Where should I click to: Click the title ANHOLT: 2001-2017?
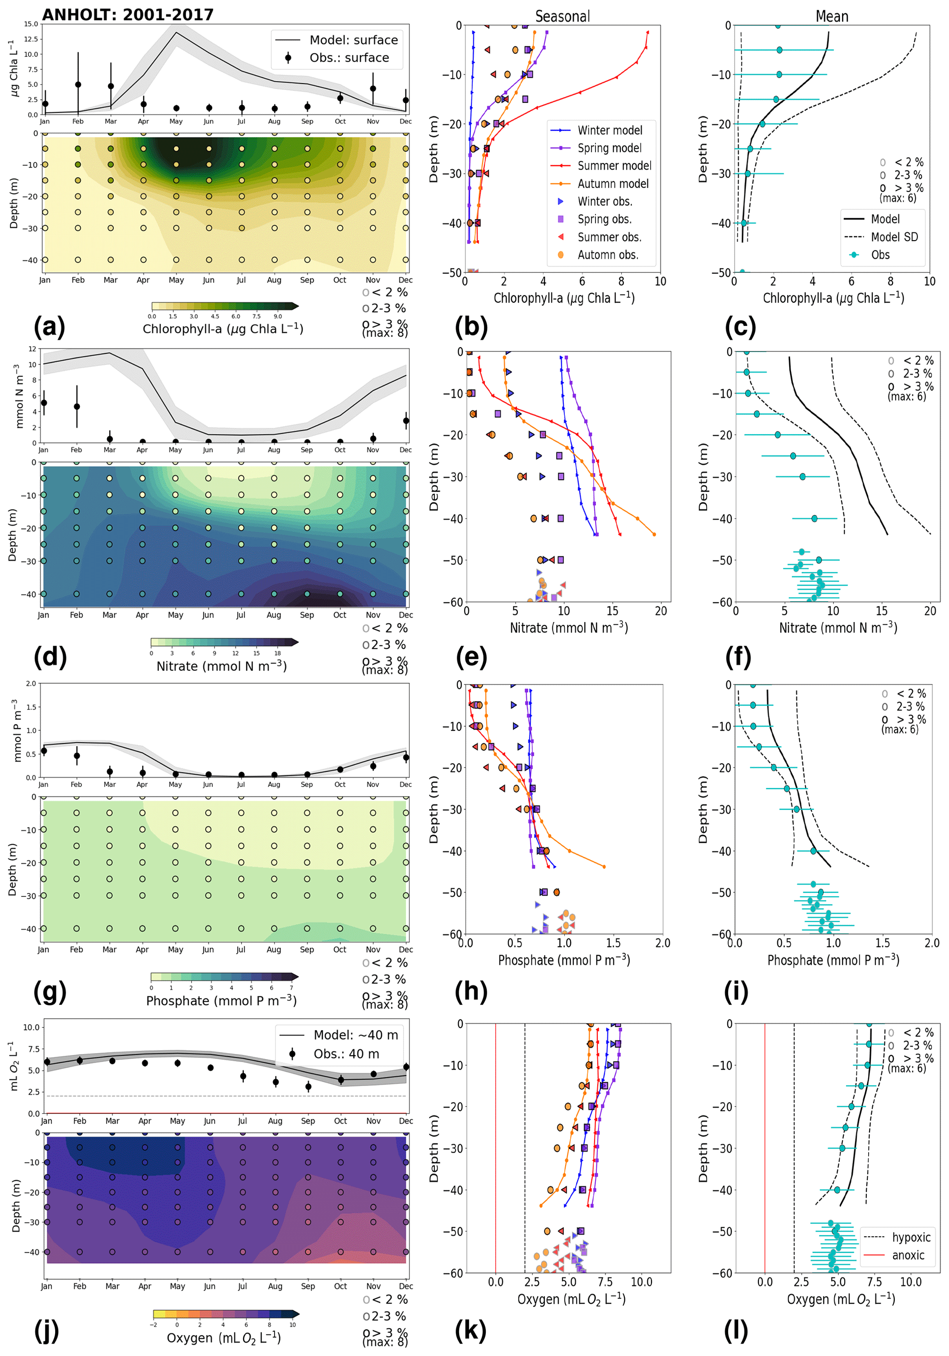click(x=128, y=15)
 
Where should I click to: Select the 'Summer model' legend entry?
click(x=614, y=166)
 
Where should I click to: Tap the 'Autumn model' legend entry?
click(x=613, y=184)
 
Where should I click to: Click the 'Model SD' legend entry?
click(x=894, y=237)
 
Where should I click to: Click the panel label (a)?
click(x=50, y=326)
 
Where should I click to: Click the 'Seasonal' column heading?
click(x=562, y=17)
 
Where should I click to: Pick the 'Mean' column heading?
click(x=831, y=17)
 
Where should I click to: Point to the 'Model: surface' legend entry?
click(x=353, y=40)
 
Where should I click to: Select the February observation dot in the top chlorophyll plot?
click(x=78, y=84)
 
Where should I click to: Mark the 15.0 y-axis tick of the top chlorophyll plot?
click(x=31, y=24)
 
